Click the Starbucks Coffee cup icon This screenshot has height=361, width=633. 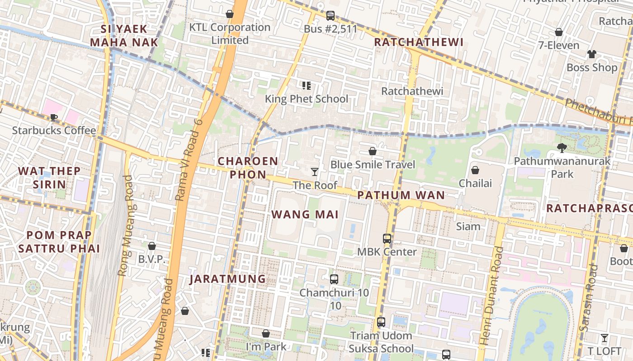(53, 118)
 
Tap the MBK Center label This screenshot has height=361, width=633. (387, 252)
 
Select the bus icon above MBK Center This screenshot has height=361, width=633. (387, 239)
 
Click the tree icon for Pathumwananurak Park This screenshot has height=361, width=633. (562, 148)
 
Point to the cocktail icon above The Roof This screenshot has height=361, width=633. (315, 172)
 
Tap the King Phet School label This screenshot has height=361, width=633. (306, 99)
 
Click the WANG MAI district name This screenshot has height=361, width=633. (305, 214)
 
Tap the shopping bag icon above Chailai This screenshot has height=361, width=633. (475, 170)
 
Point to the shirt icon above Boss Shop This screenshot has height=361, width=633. (591, 54)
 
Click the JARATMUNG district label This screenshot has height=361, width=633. (227, 279)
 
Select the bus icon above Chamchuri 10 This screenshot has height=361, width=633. (334, 279)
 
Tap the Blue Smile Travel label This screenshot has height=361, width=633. (372, 164)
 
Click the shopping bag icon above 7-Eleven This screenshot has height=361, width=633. (559, 32)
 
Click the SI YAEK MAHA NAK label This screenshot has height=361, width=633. (124, 36)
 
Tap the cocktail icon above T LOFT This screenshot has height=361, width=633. (604, 338)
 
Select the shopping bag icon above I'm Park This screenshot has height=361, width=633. (266, 333)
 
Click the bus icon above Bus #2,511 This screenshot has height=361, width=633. (331, 16)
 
